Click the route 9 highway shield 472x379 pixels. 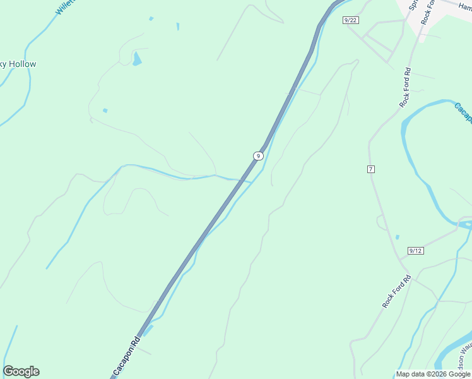(257, 155)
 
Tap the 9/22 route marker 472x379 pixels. (351, 20)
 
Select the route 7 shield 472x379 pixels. (370, 169)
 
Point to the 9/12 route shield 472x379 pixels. (415, 251)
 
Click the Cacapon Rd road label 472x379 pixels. (126, 356)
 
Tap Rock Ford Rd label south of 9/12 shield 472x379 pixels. (396, 291)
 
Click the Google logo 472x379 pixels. (21, 371)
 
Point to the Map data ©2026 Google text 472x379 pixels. (433, 374)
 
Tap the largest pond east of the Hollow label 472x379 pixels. (137, 59)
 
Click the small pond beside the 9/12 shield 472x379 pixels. (397, 238)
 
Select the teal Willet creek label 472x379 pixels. (66, 7)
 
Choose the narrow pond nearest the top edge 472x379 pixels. (178, 27)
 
